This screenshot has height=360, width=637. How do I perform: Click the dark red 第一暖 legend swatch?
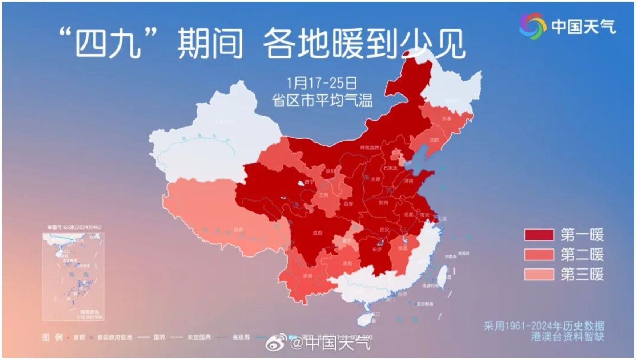click(539, 235)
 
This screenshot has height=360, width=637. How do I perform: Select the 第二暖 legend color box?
click(539, 254)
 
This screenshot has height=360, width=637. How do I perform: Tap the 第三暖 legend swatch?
click(539, 274)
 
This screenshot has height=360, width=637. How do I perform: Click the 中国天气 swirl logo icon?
click(532, 26)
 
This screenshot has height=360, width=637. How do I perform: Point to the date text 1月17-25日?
click(322, 83)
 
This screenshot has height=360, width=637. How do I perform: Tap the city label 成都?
click(317, 233)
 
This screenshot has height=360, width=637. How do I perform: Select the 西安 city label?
click(348, 204)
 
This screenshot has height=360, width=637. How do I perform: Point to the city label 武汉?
click(384, 230)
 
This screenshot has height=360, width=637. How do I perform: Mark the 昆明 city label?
click(307, 276)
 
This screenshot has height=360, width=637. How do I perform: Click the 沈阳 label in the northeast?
click(434, 140)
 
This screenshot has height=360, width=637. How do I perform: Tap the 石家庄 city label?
click(390, 168)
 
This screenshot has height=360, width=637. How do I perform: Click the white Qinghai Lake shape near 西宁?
click(301, 184)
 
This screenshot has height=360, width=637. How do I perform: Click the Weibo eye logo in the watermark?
click(276, 343)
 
